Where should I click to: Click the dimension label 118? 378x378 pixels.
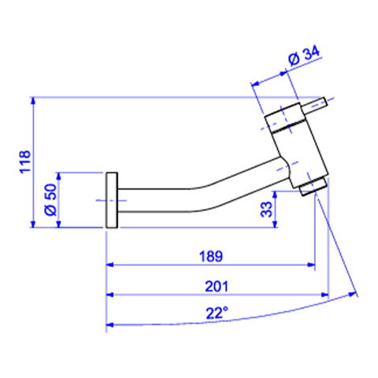[x=25, y=161]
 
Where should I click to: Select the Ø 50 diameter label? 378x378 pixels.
[x=50, y=199]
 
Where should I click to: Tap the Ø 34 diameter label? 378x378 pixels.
[x=304, y=56]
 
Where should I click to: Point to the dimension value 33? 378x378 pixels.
[x=266, y=209]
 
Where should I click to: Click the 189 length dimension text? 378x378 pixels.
[x=211, y=257]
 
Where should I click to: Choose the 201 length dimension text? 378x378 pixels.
[x=217, y=287]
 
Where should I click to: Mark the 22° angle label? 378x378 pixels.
[x=217, y=313]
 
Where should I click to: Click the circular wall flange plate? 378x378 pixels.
[x=112, y=200]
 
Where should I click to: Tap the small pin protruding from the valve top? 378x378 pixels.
[x=313, y=105]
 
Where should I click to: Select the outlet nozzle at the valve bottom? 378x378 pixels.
[x=313, y=187]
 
